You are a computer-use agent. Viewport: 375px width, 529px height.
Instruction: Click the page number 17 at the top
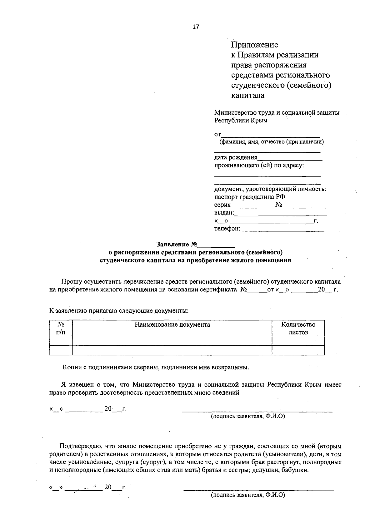point(196,27)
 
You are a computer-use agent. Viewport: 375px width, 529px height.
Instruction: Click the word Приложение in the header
point(254,45)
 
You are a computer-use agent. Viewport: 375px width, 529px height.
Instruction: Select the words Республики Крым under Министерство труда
point(241,121)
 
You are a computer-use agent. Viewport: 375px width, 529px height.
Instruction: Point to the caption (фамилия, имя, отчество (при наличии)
point(271,142)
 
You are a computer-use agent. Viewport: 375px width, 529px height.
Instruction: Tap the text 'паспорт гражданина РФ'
point(249,197)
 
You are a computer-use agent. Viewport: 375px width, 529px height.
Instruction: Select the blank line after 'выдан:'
point(280,214)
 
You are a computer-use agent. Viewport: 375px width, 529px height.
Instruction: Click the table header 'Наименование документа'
point(172,324)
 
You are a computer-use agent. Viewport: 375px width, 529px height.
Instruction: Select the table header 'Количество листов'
point(298,328)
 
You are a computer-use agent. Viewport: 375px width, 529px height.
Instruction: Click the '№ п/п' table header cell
point(61,328)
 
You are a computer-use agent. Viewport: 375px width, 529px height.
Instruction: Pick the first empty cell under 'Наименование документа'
point(172,341)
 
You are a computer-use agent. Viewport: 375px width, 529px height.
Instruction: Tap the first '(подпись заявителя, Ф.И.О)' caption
point(248,416)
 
